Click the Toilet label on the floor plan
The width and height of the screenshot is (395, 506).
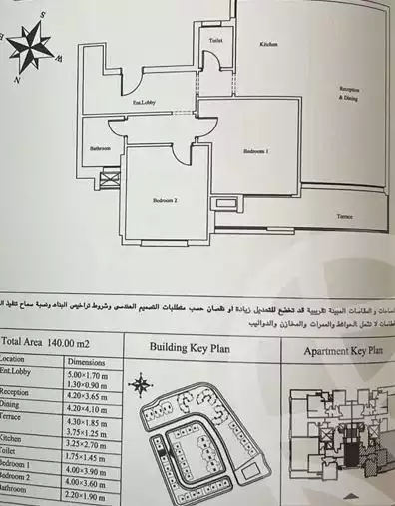(215, 40)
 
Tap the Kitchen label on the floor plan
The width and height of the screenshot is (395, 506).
(268, 45)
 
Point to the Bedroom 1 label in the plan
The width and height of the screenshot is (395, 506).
(256, 151)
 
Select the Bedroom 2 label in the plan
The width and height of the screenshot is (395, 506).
(165, 200)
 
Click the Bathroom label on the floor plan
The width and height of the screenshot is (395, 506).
(100, 148)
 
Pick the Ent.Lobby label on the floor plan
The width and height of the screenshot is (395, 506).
(145, 103)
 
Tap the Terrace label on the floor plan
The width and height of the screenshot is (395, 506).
(344, 214)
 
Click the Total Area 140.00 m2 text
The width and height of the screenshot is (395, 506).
(47, 340)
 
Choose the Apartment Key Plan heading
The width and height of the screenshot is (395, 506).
(335, 351)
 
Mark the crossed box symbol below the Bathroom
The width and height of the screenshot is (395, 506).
(110, 180)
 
